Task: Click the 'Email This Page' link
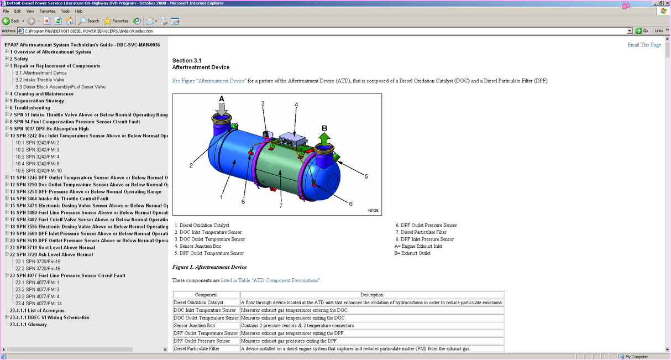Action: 644,45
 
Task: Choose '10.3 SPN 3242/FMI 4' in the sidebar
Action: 38,156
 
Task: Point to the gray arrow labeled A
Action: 222,107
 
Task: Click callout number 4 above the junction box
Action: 296,105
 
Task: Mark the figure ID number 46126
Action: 373,210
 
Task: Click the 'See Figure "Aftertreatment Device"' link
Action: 209,81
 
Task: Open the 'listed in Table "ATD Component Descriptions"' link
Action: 270,280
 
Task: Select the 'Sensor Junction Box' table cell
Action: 195,326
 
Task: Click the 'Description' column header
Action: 372,295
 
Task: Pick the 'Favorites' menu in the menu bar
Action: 47,11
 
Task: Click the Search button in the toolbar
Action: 89,21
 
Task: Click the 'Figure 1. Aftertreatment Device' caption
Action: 209,267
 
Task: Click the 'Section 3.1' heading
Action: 187,60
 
